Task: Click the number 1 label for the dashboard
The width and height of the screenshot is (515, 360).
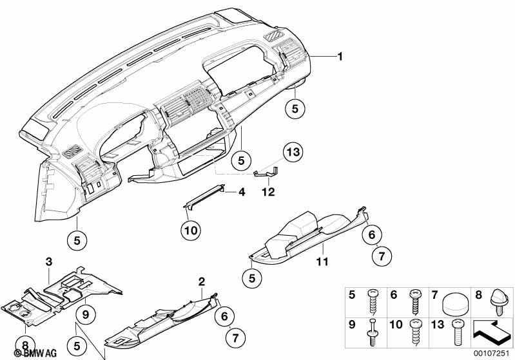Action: (340, 57)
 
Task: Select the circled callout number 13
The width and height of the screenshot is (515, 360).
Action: (293, 152)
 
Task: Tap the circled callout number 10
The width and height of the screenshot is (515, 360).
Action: (191, 231)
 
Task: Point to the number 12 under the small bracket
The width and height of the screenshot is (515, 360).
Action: (268, 192)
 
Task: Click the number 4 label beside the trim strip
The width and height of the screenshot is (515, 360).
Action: (242, 192)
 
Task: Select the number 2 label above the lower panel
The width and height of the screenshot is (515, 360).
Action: (201, 281)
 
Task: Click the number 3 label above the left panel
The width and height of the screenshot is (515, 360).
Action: (48, 262)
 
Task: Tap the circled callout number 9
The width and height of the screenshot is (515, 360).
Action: (85, 315)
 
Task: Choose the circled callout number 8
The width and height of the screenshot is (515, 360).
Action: (25, 345)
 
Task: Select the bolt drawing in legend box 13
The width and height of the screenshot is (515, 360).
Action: (456, 332)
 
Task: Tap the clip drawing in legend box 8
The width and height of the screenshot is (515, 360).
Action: (499, 302)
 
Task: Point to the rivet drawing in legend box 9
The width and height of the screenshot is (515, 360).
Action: (372, 332)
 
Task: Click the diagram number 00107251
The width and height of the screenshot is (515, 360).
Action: (491, 353)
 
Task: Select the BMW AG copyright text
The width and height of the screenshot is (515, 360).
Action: (35, 353)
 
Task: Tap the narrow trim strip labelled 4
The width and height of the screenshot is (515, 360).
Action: (204, 197)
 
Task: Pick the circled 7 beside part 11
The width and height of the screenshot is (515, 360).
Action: (381, 256)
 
